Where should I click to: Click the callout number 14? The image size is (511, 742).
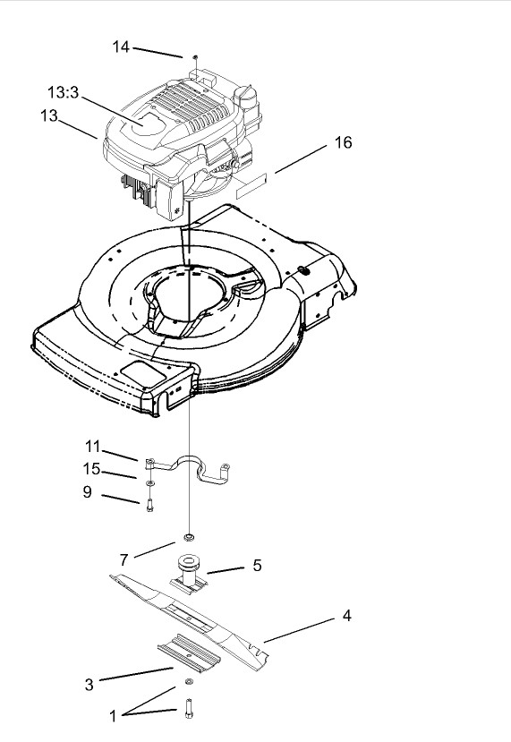[121, 47]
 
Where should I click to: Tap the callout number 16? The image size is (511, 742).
[342, 142]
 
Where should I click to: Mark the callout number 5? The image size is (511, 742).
[257, 565]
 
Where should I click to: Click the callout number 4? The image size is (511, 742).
[346, 615]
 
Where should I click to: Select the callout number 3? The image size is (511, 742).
[89, 685]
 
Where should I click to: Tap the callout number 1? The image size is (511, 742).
[113, 716]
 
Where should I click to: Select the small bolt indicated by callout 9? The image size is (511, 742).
[149, 504]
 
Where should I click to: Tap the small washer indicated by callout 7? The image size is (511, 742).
[190, 538]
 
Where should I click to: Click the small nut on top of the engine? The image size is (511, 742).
[192, 56]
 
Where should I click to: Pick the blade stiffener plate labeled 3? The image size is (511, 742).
[191, 650]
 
